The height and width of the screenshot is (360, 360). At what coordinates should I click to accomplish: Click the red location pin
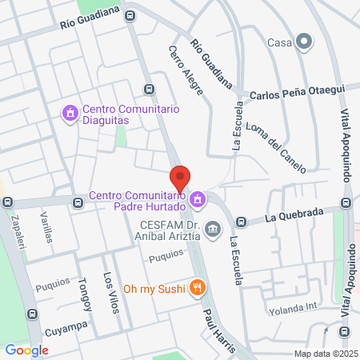(180, 178)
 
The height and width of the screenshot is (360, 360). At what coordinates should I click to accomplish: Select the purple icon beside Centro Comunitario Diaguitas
(70, 114)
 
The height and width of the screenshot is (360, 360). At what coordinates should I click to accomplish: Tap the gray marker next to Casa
(303, 42)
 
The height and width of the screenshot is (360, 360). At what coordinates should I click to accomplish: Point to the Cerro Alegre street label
(186, 71)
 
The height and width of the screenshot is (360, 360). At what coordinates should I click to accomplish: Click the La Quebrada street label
(294, 214)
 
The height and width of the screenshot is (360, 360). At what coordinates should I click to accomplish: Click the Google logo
(26, 350)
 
